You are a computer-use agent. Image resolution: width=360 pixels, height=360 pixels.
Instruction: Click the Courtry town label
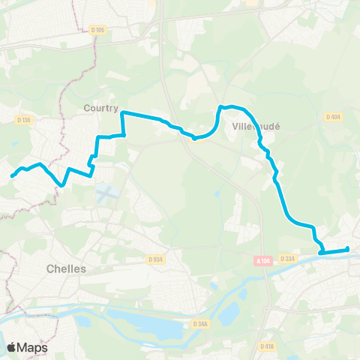(100, 108)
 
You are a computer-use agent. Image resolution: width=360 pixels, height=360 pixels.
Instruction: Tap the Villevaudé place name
(256, 127)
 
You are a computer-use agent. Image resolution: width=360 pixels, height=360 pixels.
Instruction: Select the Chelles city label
(66, 268)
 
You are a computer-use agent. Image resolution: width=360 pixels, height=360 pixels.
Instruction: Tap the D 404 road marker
(333, 116)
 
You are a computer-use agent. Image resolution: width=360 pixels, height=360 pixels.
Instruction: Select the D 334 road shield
(287, 259)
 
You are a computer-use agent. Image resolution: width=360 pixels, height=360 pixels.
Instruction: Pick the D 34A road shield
(199, 323)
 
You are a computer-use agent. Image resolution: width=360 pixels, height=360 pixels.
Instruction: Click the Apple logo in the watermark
(12, 347)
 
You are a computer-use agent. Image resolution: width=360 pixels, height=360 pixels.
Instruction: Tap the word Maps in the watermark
(33, 347)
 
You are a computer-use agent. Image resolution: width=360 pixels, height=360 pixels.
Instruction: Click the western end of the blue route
(12, 176)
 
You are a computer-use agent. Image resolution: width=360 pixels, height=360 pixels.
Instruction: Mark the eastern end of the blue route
(347, 249)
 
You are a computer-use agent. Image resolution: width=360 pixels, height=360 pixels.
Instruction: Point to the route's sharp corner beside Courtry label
(121, 113)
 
